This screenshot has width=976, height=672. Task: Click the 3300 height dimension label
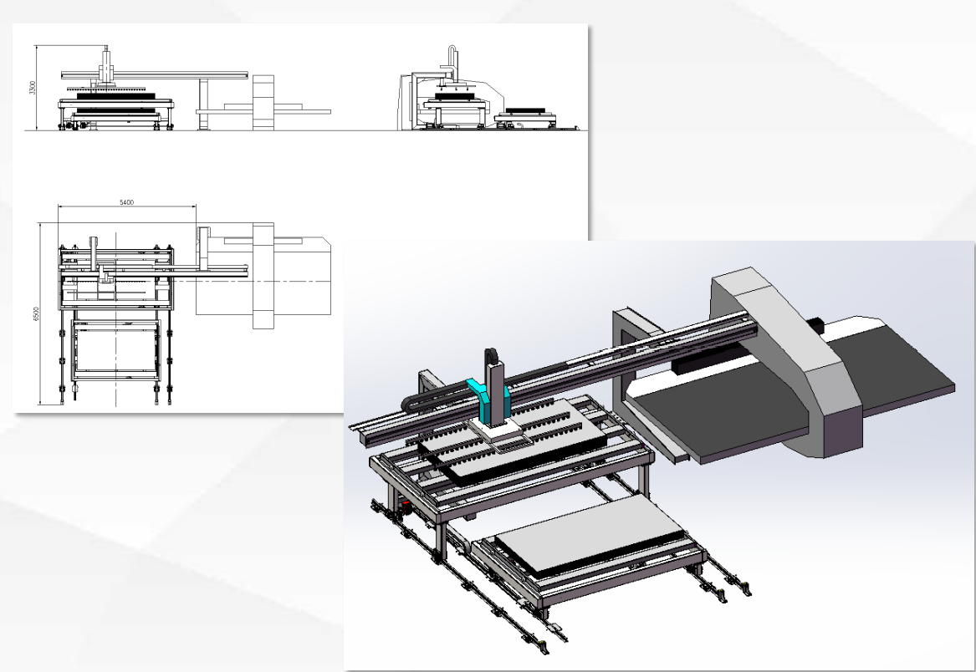(33, 87)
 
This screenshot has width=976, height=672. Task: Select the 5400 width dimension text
(126, 202)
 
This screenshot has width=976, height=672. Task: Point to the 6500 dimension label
(35, 314)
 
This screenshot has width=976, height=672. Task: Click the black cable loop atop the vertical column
(491, 357)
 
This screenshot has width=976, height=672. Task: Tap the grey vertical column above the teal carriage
(496, 392)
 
